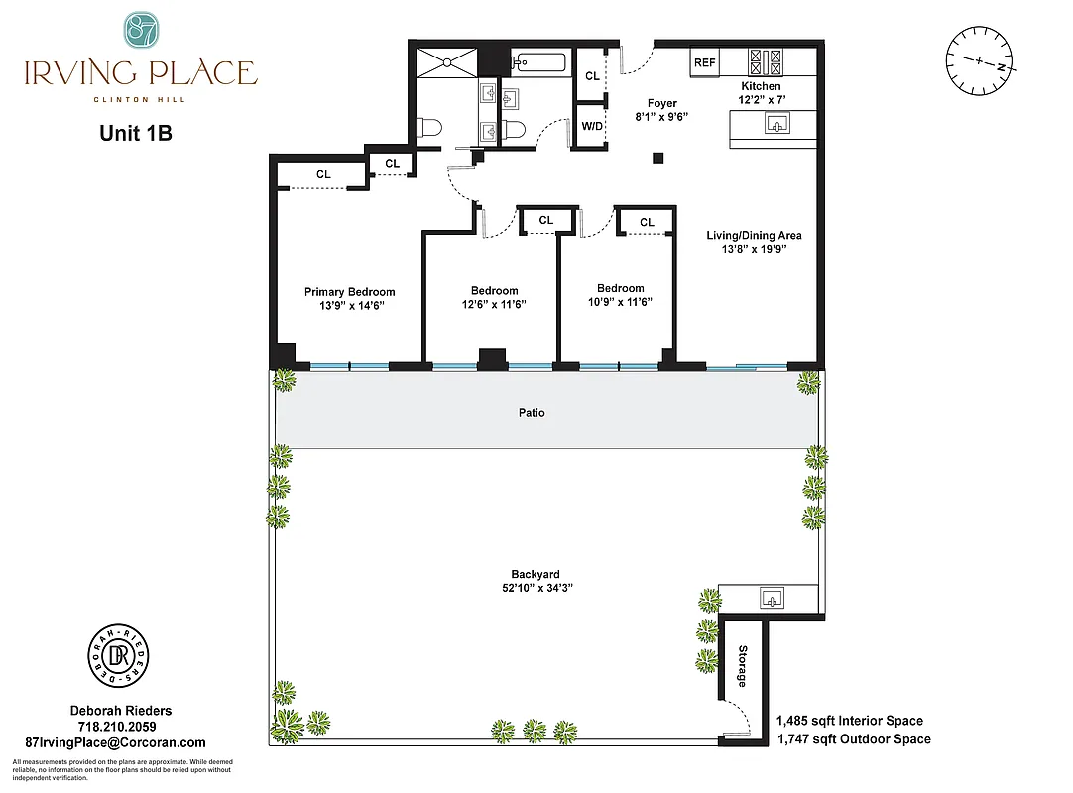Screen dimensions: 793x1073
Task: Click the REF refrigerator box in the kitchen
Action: pos(704,62)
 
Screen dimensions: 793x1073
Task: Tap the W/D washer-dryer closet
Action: pos(591,126)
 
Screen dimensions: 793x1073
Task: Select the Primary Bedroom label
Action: pos(349,292)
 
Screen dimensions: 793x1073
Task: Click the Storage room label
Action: pos(742,671)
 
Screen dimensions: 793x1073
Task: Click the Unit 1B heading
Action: pos(136,133)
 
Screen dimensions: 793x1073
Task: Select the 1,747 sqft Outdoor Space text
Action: pos(853,738)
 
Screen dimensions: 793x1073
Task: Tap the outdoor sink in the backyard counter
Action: pos(770,599)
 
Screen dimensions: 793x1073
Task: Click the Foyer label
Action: pos(661,103)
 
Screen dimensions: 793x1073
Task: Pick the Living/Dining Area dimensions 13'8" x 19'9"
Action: pos(753,250)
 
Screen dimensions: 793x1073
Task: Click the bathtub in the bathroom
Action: pos(538,63)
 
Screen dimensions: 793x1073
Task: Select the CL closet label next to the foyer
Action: pos(592,76)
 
